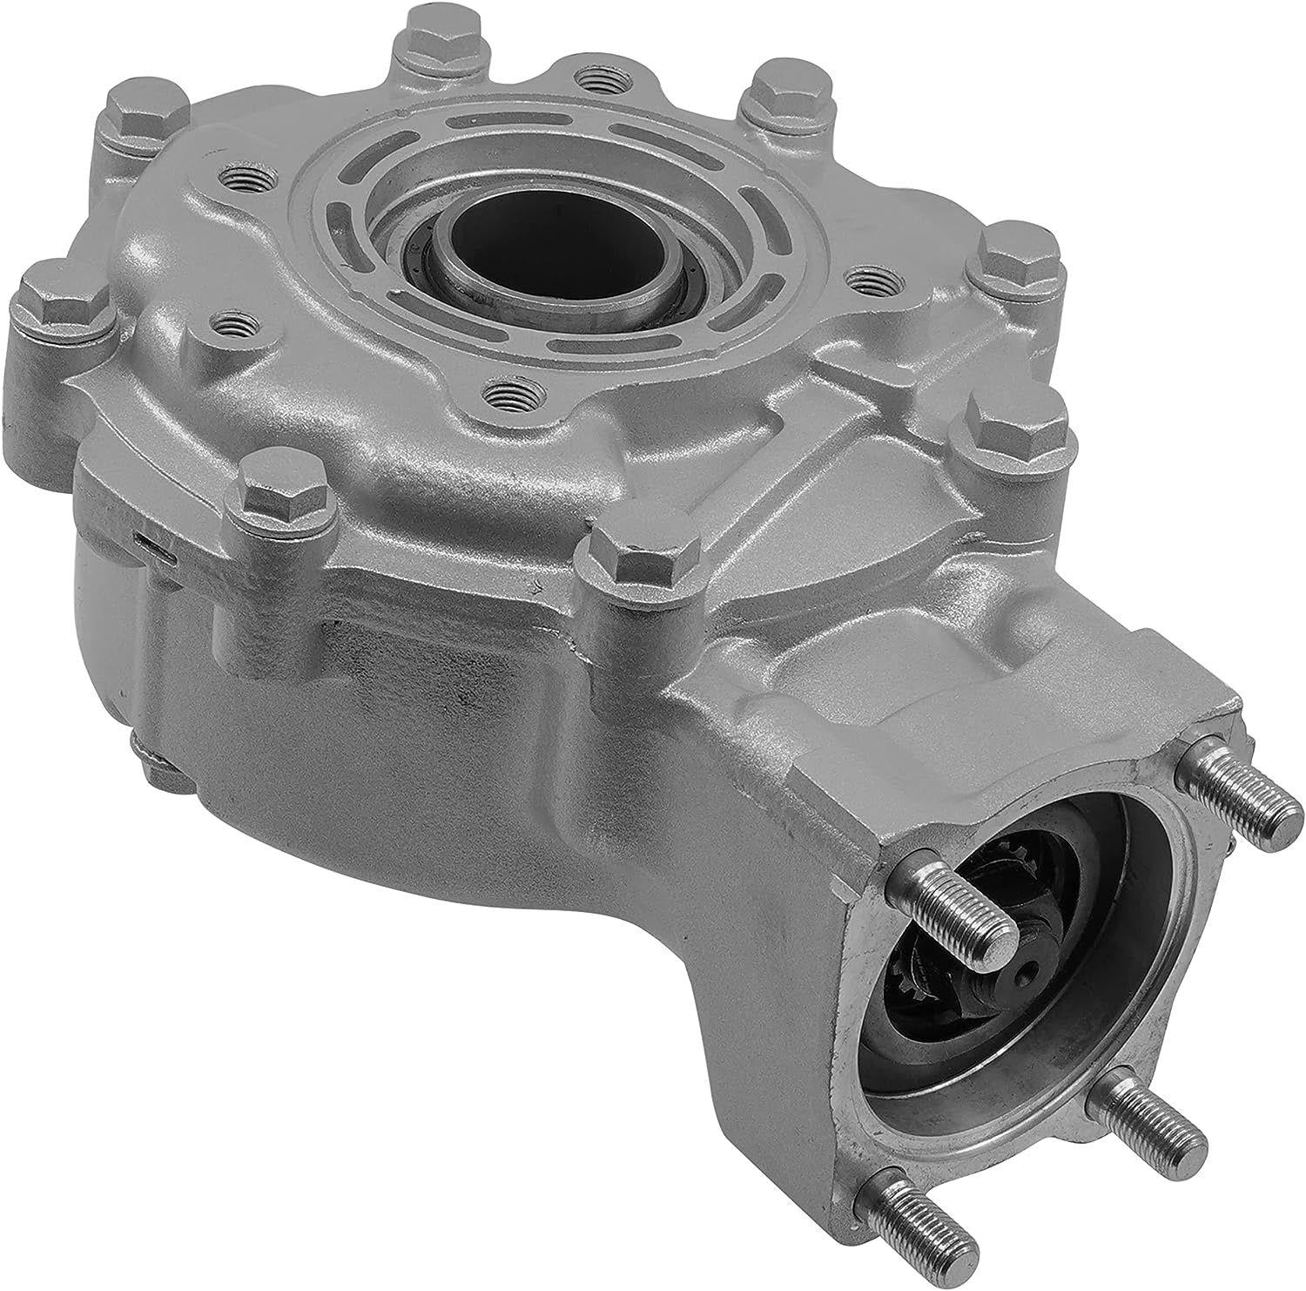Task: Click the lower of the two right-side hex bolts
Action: point(1006,424)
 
